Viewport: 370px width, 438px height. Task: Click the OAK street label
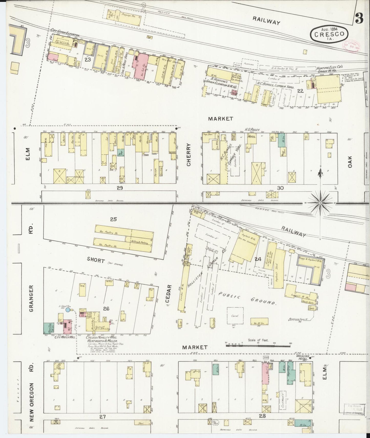[350, 162]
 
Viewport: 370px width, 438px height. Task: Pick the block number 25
[113, 219]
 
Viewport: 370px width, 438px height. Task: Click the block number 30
[280, 188]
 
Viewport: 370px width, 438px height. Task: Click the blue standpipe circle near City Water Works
[68, 310]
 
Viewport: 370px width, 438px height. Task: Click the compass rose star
[320, 203]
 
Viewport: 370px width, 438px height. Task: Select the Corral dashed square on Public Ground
[235, 316]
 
